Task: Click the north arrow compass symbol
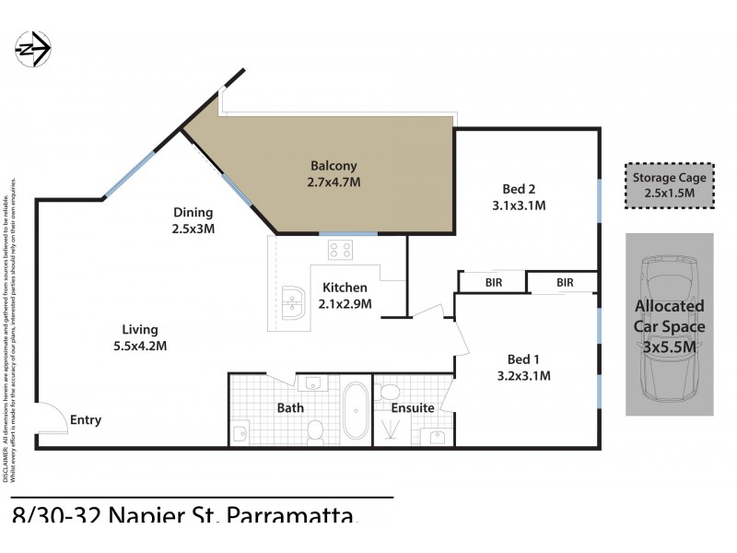pyautogui.click(x=32, y=46)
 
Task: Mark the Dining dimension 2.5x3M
pyautogui.click(x=193, y=228)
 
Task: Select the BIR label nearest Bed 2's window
pyautogui.click(x=564, y=282)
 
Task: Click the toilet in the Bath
pyautogui.click(x=314, y=429)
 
